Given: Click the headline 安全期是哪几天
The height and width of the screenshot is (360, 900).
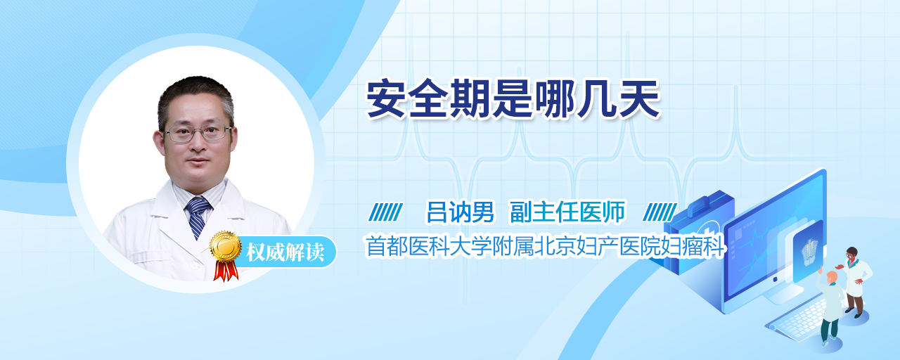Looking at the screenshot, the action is pos(513,98).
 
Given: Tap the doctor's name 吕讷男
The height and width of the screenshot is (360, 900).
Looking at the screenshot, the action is pos(460,212).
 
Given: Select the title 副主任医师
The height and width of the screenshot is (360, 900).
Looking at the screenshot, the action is pos(567,212).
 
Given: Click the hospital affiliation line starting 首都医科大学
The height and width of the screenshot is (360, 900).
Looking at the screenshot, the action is pos(545,246).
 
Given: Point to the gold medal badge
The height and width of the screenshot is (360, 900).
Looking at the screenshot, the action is pos(226,245).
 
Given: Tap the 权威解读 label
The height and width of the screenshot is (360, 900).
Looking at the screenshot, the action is pos(285,252).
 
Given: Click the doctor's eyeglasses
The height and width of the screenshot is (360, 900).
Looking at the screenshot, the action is pos(198,133).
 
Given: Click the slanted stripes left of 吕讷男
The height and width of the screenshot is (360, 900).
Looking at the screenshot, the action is pos(386,212).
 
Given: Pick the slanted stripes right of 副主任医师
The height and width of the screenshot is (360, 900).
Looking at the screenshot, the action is pos(660,212).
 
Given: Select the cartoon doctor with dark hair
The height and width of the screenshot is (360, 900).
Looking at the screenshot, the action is pos(854,282).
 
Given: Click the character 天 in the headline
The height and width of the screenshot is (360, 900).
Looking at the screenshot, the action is pos(640,98).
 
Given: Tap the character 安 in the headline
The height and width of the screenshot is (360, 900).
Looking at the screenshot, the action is pos(387,98).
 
